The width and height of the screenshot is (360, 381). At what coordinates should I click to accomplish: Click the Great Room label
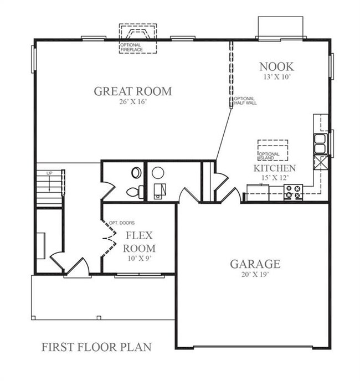133,91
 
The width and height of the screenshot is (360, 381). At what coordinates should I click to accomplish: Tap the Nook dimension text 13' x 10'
277,77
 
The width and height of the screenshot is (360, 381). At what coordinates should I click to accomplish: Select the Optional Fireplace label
131,48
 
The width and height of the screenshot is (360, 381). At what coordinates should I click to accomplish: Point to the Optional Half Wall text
245,101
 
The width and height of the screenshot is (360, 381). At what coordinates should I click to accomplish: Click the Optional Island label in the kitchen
269,156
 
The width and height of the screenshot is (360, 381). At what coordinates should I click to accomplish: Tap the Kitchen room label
275,168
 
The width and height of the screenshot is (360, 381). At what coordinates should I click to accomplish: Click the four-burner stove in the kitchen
293,192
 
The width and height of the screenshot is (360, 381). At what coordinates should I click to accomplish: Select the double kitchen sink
320,143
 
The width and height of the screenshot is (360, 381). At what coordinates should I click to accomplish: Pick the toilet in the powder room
135,192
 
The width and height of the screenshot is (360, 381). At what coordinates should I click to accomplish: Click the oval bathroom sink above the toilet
136,173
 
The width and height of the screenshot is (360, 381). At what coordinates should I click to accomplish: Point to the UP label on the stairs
49,173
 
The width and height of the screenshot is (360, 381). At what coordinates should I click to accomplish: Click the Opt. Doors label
121,223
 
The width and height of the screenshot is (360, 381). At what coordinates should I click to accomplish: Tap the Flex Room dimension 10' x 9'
140,259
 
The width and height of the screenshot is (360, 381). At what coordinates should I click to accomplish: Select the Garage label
255,264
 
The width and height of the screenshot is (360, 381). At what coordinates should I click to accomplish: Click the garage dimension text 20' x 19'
255,274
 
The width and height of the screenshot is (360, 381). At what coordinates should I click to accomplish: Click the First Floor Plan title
96,347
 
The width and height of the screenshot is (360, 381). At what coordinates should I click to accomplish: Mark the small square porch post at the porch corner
33,318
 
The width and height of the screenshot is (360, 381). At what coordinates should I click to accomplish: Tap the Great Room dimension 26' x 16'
133,102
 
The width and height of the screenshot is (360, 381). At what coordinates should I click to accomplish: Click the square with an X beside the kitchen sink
321,162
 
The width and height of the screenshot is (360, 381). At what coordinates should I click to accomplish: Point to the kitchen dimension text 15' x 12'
275,178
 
